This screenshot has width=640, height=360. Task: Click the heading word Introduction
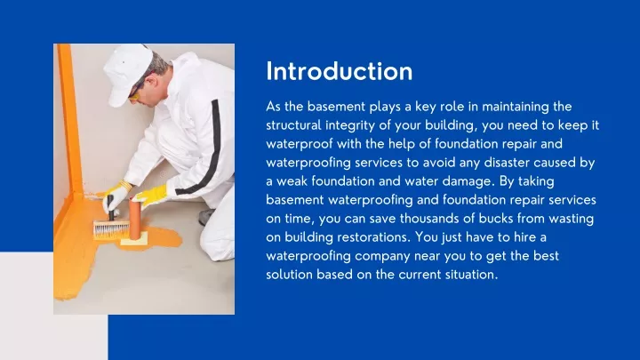point(339,70)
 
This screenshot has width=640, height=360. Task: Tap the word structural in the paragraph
point(299,124)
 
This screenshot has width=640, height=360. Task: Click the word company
point(377,255)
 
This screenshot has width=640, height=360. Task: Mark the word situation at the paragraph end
point(466,274)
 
